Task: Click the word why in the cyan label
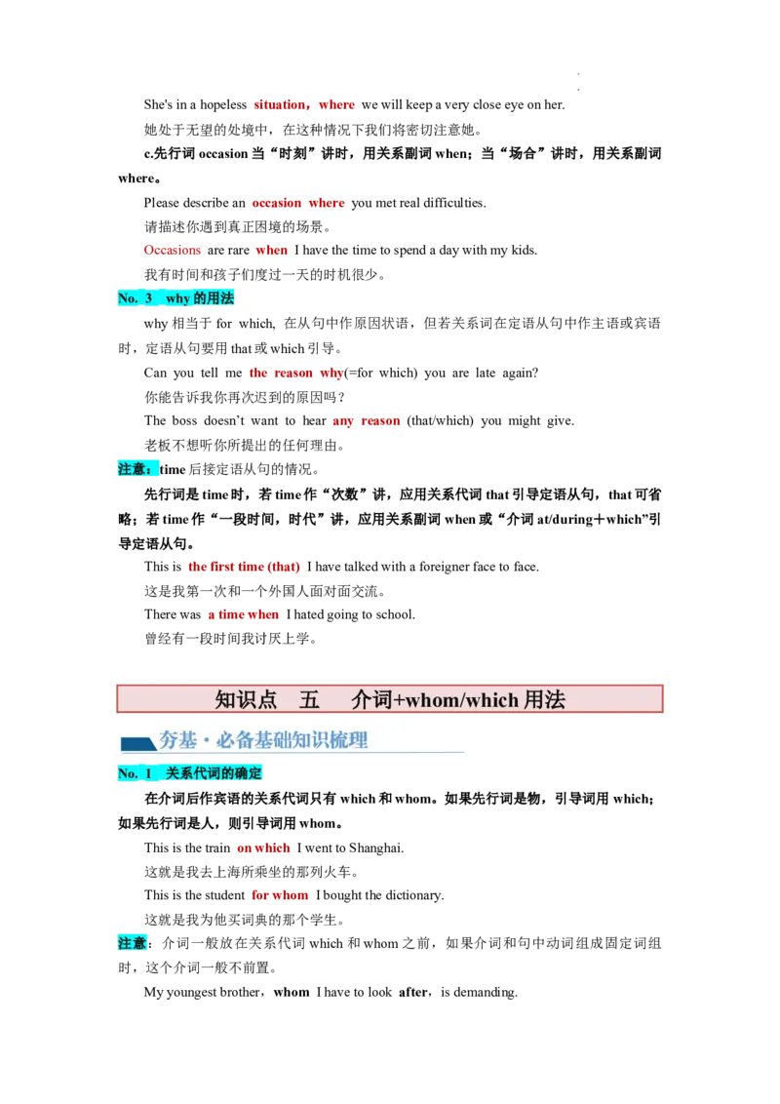tap(177, 298)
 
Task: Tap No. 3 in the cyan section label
tap(135, 298)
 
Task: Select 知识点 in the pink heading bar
tap(246, 699)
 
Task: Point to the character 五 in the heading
tap(310, 699)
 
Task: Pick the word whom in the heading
tap(430, 699)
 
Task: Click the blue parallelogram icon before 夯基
tap(137, 743)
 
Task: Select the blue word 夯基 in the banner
tap(177, 740)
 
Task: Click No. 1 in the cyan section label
tap(135, 772)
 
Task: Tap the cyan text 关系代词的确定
tap(214, 772)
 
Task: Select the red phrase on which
tap(263, 848)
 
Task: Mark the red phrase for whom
tap(280, 895)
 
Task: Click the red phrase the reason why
tap(295, 373)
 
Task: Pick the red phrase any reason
tap(366, 421)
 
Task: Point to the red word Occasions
tap(172, 250)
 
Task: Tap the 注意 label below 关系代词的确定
tap(133, 942)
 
